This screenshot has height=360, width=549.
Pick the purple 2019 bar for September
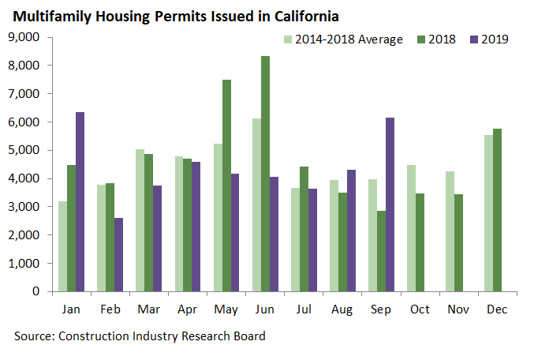point(389,204)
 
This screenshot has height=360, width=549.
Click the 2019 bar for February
point(118,254)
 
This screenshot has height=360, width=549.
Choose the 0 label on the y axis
point(35,291)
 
